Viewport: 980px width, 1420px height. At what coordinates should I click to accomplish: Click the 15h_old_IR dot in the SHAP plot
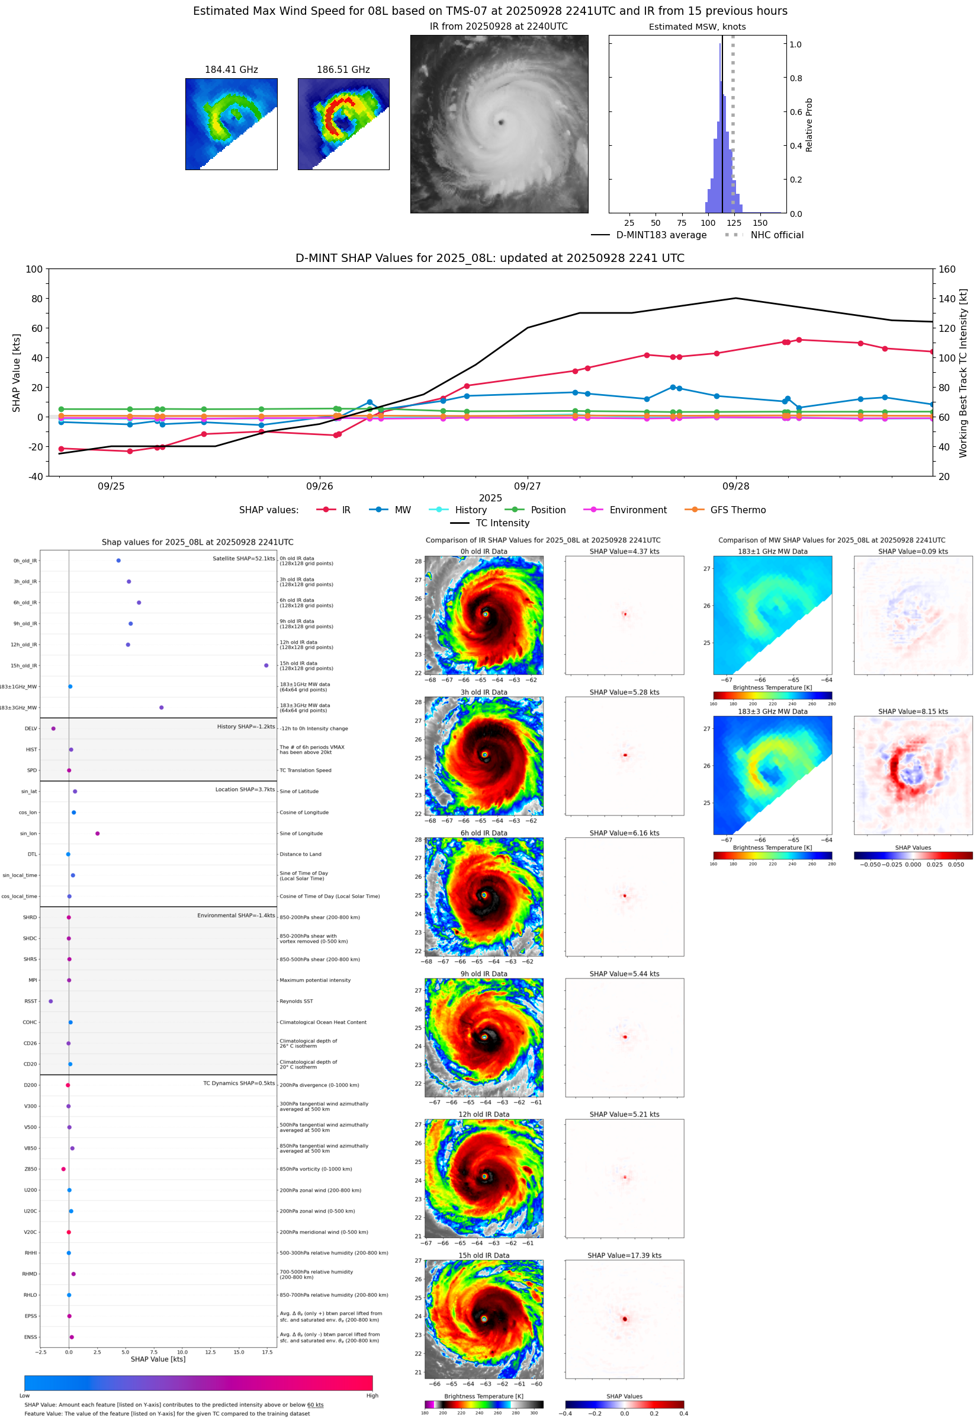[x=266, y=666]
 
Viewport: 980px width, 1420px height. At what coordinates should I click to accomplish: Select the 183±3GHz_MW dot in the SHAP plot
[x=162, y=707]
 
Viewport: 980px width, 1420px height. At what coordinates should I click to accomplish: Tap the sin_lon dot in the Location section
[x=98, y=833]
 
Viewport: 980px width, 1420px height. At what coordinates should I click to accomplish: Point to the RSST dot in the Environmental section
[x=50, y=1001]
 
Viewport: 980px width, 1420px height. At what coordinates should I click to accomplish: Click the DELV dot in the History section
[x=53, y=728]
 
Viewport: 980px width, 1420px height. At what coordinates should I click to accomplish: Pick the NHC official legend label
[x=776, y=235]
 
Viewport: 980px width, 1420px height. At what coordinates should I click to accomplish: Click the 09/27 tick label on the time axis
[x=528, y=486]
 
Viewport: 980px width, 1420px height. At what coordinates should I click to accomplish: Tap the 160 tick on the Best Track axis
[x=947, y=269]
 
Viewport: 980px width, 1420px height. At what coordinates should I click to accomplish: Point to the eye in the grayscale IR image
[x=501, y=122]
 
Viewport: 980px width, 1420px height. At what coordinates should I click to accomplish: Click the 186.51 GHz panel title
[x=343, y=70]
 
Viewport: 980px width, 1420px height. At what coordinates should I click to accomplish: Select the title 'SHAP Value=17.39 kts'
[x=624, y=1255]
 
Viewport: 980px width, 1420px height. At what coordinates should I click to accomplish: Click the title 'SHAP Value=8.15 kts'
[x=912, y=712]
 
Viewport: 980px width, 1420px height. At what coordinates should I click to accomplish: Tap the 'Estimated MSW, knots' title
[x=697, y=27]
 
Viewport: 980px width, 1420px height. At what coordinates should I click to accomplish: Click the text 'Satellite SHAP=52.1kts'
[x=243, y=558]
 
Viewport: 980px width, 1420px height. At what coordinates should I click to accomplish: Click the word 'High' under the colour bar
[x=372, y=1396]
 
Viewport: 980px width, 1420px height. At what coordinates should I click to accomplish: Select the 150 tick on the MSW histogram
[x=760, y=223]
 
